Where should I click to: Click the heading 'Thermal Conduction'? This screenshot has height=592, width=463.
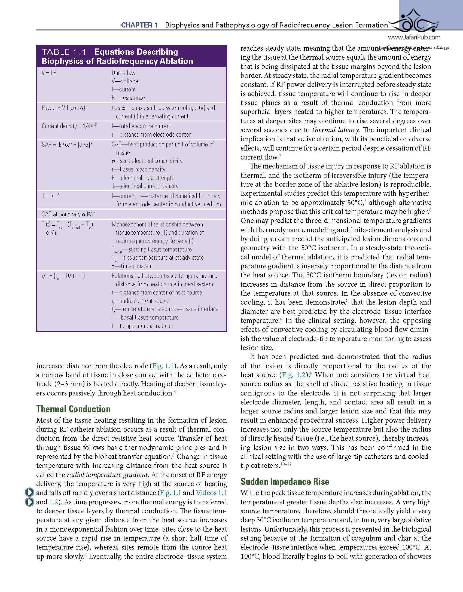coord(73,409)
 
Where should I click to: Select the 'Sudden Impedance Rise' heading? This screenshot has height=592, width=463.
coord(285,481)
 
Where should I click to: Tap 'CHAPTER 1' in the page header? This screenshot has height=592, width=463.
coord(139,25)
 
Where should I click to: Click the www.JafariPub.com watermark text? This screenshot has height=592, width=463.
coord(414,38)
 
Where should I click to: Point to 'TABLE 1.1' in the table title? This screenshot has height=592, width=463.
coord(64,52)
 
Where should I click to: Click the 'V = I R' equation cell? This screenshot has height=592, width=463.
coord(49,73)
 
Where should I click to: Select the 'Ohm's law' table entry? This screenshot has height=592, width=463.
coord(123,73)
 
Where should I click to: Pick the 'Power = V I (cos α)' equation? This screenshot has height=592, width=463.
coord(63,108)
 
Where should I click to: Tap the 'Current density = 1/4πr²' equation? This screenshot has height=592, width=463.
coord(69,126)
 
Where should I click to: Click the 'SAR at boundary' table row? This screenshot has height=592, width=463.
coord(69,214)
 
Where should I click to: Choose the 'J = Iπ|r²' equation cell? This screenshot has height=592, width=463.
coord(51,196)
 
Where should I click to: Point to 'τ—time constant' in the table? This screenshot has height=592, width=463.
coord(132,266)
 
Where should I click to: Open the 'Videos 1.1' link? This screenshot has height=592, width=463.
coord(211,493)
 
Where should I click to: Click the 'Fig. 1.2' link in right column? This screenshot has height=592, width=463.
coord(294,375)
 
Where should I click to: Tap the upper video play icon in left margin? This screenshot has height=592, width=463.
coord(29,492)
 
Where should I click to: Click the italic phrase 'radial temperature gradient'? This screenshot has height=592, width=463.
coord(107,475)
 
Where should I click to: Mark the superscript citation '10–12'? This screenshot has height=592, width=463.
coord(286,464)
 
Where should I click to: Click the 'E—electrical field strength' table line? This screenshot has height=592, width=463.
coord(143,178)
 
